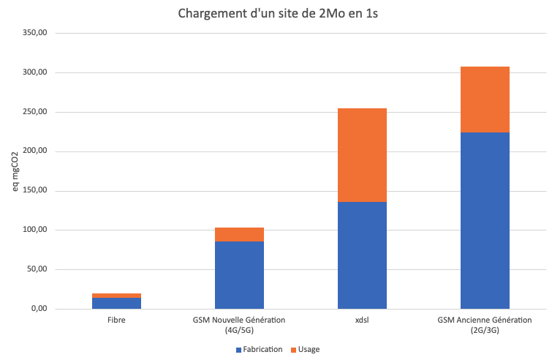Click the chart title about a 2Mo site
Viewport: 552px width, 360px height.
point(276,14)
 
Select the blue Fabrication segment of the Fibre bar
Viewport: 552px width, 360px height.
point(116,303)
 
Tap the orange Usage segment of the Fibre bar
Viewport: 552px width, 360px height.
point(116,296)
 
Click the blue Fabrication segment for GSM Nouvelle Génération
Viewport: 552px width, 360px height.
point(239,274)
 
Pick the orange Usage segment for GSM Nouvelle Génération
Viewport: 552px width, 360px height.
point(239,234)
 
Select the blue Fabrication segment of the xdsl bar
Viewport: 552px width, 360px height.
point(362,255)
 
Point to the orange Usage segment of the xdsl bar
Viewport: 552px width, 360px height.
point(362,155)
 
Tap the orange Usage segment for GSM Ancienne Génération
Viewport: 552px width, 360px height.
point(485,100)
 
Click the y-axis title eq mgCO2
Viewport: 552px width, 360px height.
point(13,173)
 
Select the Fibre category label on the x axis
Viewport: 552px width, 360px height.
point(116,320)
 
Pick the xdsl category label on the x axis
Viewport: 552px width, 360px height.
point(362,320)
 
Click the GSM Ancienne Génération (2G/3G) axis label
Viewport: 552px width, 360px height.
point(485,325)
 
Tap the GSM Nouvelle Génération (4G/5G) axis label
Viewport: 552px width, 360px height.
point(239,325)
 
